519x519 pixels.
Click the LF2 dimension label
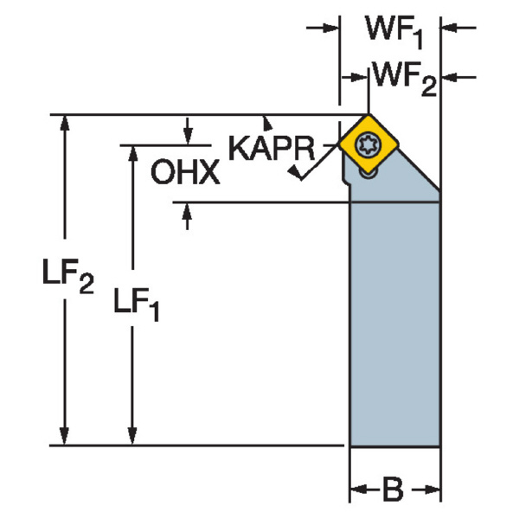(67, 279)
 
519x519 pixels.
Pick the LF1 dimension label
(138, 304)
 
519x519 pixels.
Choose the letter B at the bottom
(392, 490)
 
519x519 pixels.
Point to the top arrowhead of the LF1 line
(132, 152)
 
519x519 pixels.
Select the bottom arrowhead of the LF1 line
(132, 437)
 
